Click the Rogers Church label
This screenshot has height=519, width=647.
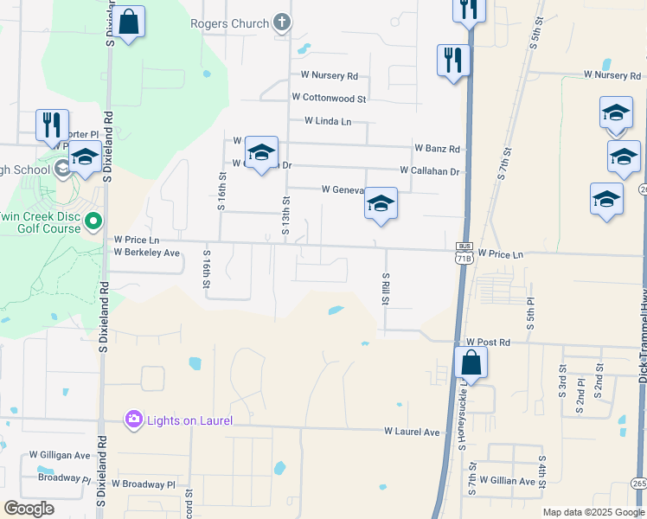coord(230,23)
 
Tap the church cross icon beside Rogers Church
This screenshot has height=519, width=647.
coord(282,23)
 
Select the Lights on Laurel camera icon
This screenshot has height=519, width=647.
coord(133,420)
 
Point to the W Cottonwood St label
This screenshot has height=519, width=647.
coord(329,99)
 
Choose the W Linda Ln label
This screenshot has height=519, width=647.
coord(327,122)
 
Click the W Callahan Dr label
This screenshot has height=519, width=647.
coord(429,171)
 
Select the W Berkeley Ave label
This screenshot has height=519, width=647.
coord(146,253)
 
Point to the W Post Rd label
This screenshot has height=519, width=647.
coord(489,343)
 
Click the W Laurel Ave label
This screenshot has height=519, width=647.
coord(413,430)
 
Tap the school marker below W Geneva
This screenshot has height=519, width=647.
coord(381,204)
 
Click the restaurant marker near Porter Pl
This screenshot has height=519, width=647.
coord(52,125)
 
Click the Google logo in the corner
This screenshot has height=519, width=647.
coord(29,509)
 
